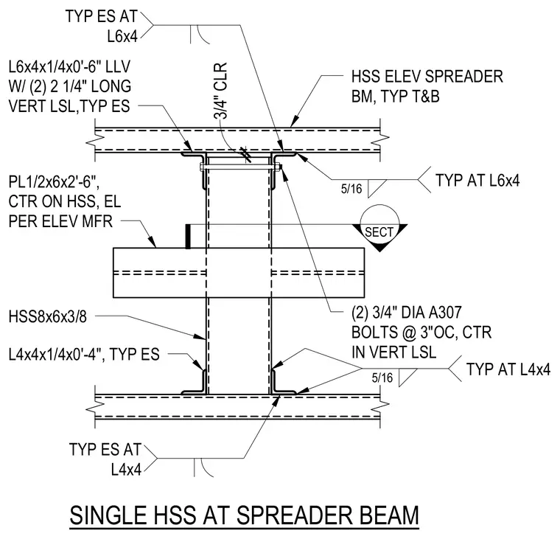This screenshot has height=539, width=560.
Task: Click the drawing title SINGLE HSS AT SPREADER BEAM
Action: pyautogui.click(x=245, y=515)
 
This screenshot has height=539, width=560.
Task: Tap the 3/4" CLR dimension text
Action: pyautogui.click(x=220, y=91)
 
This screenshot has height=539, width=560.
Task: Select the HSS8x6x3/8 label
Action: pyautogui.click(x=47, y=317)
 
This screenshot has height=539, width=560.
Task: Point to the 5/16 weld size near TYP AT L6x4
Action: pyautogui.click(x=351, y=188)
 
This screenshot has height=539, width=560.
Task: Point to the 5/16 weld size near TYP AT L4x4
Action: pyautogui.click(x=382, y=378)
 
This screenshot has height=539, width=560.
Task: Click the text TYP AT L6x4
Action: pyautogui.click(x=477, y=181)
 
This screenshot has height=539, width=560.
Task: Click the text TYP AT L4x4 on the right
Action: pyautogui.click(x=508, y=369)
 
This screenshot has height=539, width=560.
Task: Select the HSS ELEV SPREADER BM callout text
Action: pyautogui.click(x=427, y=86)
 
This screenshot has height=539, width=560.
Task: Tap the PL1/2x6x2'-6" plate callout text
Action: pyautogui.click(x=65, y=201)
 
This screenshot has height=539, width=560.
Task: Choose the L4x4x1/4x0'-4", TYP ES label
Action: pyautogui.click(x=84, y=355)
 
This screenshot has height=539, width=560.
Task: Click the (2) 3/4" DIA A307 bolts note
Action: pyautogui.click(x=421, y=333)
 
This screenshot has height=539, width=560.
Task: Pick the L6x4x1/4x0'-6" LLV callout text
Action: pyautogui.click(x=70, y=86)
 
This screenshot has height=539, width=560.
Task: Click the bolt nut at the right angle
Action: pyautogui.click(x=280, y=167)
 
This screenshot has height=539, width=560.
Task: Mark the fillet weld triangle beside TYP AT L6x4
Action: pyautogui.click(x=377, y=188)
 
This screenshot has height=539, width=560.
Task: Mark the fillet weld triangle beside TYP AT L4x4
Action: pyautogui.click(x=408, y=378)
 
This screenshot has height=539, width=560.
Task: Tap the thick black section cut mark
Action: pyautogui.click(x=188, y=236)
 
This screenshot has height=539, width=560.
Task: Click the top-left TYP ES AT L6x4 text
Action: pyautogui.click(x=102, y=27)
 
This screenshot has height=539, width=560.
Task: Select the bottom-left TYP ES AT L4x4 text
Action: pyautogui.click(x=105, y=459)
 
